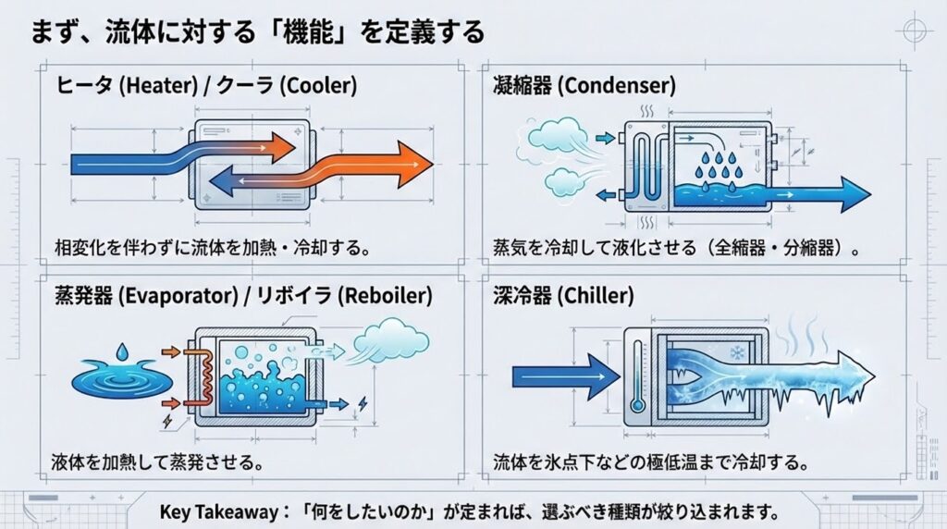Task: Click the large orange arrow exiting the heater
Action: [x=388, y=166]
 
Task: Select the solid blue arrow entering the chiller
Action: [x=564, y=375]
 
